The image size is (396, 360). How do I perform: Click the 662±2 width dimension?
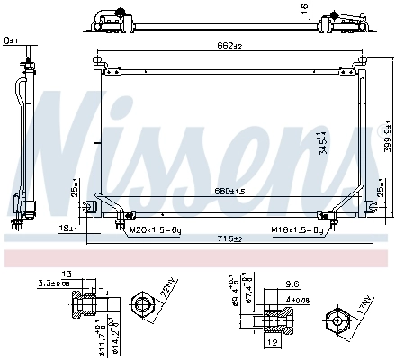(x=230, y=46)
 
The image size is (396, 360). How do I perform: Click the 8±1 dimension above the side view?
(x=11, y=40)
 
